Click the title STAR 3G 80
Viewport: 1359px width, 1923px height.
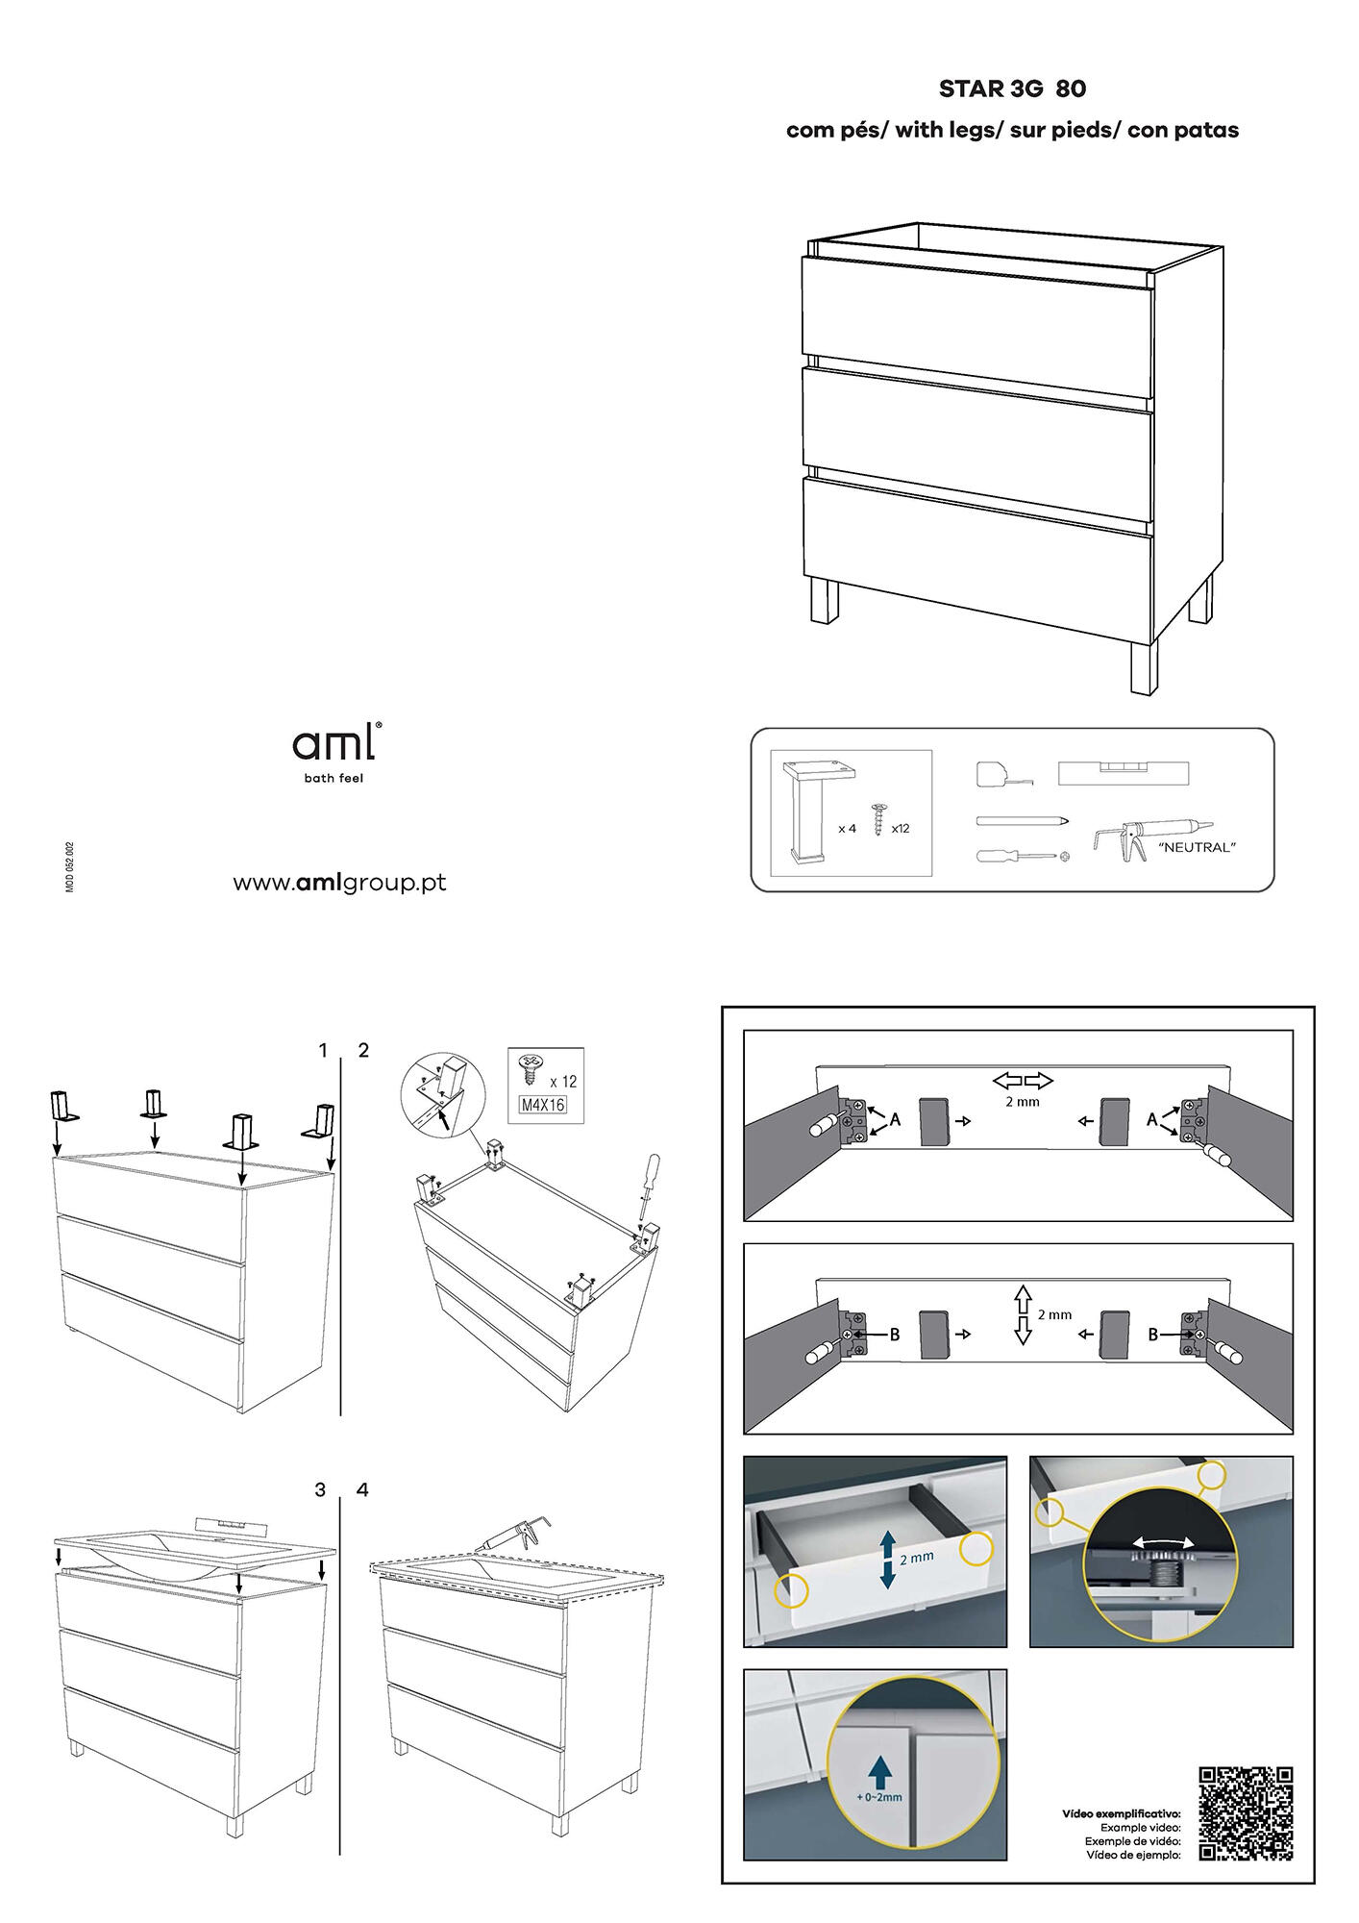pos(1012,88)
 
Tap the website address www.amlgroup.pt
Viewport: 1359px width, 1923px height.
pos(339,883)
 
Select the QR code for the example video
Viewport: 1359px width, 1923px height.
pos(1246,1813)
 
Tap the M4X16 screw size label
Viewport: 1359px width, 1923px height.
pos(543,1106)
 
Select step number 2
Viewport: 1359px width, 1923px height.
pos(363,1050)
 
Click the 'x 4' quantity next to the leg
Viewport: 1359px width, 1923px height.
pos(846,828)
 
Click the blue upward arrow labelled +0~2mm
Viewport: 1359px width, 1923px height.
pos(876,1770)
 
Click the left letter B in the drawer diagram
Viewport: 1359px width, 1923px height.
pos(894,1335)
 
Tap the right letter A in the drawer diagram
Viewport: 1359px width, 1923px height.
pos(1152,1119)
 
